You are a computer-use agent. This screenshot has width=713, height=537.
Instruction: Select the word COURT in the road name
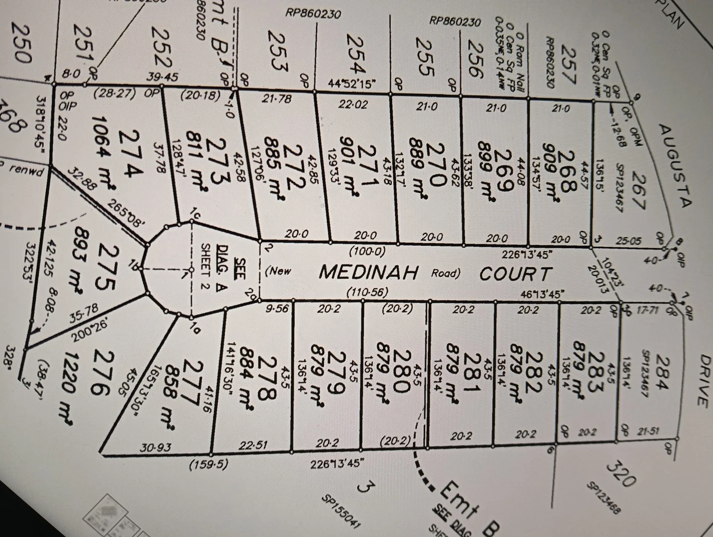click(x=516, y=273)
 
